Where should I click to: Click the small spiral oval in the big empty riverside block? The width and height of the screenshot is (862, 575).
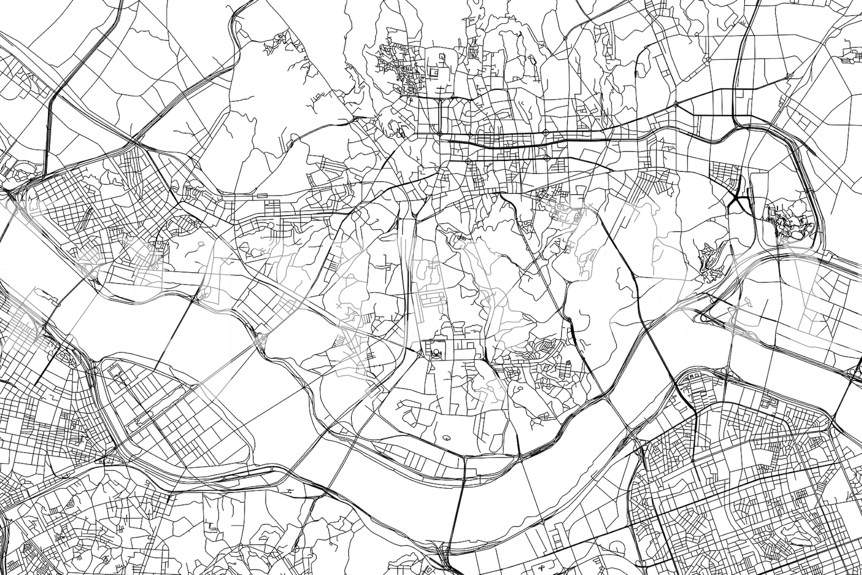447,437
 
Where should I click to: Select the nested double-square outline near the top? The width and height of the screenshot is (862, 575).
434,72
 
